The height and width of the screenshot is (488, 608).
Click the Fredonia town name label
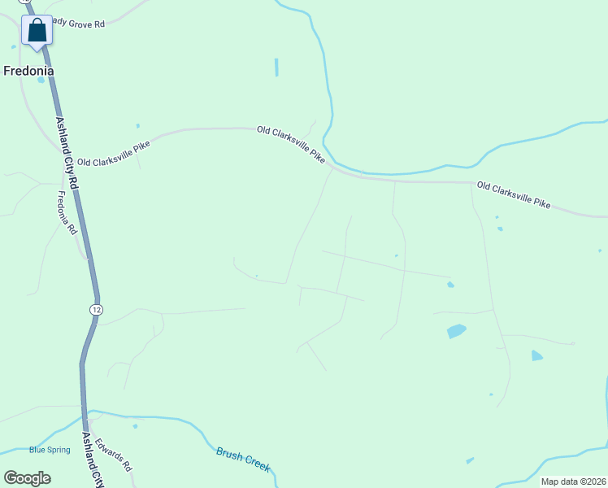28,71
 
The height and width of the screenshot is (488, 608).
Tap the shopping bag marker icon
37,31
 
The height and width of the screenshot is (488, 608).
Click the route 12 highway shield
97,310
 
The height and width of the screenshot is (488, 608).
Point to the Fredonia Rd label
67,212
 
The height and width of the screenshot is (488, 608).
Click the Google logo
27,477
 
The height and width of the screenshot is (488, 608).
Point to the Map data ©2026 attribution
573,481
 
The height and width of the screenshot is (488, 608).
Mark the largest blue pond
456,331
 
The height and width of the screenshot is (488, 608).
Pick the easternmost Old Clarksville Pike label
514,195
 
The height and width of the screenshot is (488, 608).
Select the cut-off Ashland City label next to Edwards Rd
93,460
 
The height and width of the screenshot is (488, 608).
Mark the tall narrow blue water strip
276,67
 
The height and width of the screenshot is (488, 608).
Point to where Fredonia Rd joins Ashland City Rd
87,259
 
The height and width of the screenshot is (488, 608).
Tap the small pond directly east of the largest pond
536,355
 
